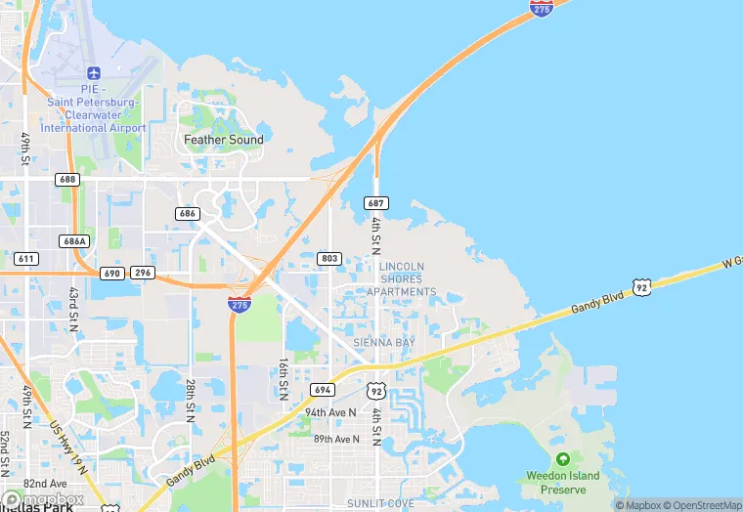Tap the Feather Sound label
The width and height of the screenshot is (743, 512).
(x=224, y=140)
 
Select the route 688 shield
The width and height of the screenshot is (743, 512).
(x=67, y=180)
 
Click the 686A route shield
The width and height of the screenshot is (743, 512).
(x=74, y=240)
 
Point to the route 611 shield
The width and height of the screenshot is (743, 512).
(x=26, y=258)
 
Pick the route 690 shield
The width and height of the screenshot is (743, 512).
(x=111, y=273)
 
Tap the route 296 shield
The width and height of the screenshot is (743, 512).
(x=143, y=273)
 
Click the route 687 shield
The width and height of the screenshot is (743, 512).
(x=377, y=203)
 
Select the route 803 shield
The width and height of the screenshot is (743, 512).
(x=328, y=258)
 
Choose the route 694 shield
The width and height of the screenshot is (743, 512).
(x=324, y=389)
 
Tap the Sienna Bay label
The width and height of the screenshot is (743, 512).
(x=385, y=343)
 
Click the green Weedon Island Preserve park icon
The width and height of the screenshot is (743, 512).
(x=562, y=459)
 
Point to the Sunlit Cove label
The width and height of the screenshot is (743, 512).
(x=380, y=503)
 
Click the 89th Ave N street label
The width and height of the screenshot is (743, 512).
(x=336, y=439)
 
